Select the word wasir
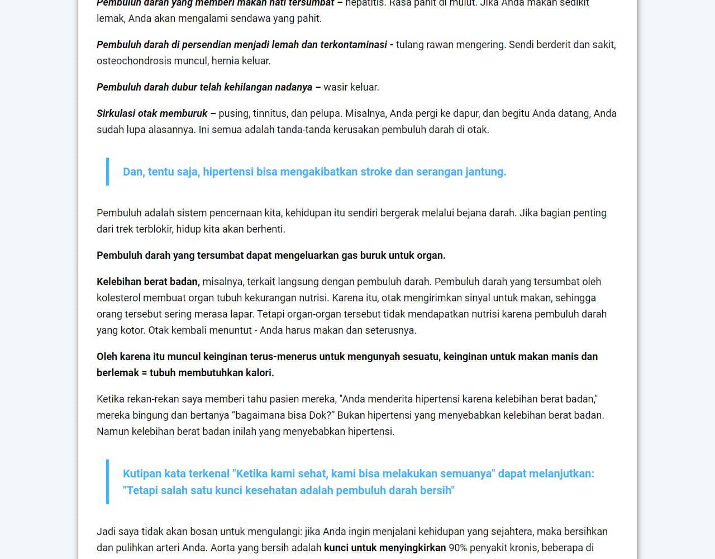tap(336, 87)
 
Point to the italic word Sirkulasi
tap(116, 113)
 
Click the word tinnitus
tap(270, 113)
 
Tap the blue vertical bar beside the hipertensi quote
tap(107, 172)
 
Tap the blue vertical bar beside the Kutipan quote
tap(107, 482)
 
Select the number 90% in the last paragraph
tap(457, 548)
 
